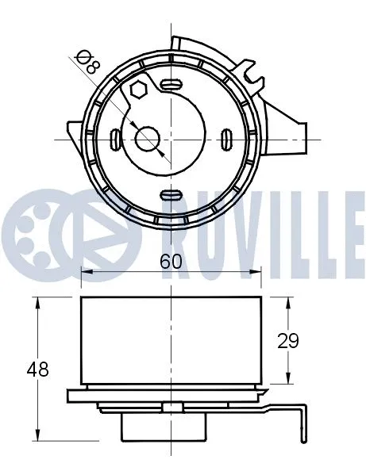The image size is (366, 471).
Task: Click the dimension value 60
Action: [171, 261]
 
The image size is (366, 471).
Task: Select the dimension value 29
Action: [288, 340]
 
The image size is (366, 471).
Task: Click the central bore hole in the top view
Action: [148, 140]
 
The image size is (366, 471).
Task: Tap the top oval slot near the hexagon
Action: [171, 82]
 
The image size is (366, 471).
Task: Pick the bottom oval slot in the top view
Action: [171, 196]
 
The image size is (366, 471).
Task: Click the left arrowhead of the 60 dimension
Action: [86, 273]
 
